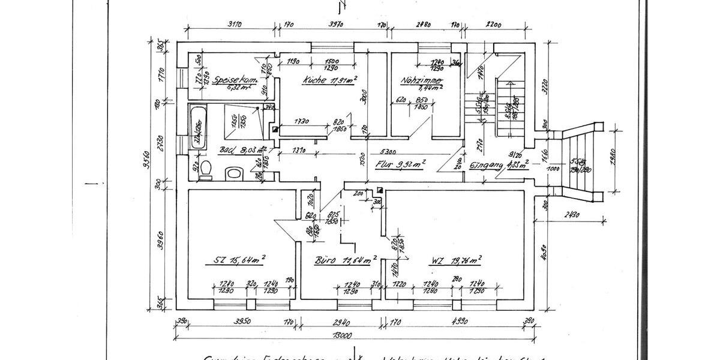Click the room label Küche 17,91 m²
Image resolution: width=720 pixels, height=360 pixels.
tap(330, 80)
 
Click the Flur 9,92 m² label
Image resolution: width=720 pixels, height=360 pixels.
tap(400, 163)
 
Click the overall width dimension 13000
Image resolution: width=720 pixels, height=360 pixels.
tap(354, 335)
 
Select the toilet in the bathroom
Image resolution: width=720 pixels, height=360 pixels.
tap(205, 170)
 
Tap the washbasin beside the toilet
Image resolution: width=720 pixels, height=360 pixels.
tap(233, 174)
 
